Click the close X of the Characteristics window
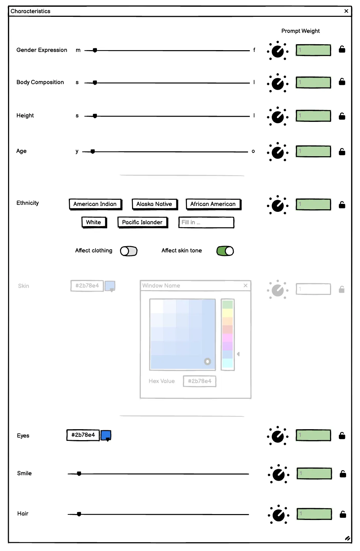click(346, 11)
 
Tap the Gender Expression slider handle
click(95, 50)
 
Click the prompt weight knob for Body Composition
click(278, 83)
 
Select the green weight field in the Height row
click(313, 116)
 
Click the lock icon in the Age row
click(342, 151)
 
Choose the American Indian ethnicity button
click(95, 204)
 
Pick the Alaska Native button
click(154, 204)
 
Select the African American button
click(213, 204)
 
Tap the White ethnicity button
click(94, 222)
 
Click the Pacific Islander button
click(142, 222)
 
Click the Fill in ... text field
click(206, 222)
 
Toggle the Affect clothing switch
click(129, 251)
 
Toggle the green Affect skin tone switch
click(225, 251)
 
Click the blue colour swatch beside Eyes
click(106, 435)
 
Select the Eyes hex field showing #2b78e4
click(83, 435)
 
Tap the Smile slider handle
click(79, 474)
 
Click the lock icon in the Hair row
click(343, 514)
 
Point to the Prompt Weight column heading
click(300, 31)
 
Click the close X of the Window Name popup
click(245, 285)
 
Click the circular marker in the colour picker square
click(207, 361)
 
